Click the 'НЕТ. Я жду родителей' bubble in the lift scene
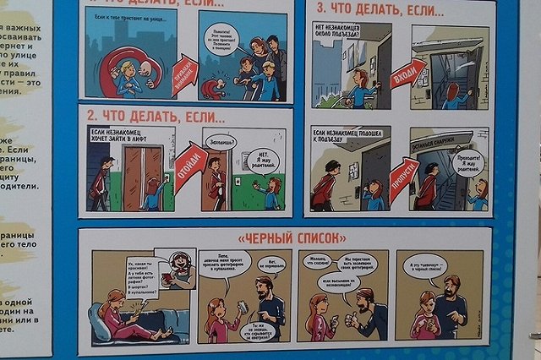[x=263, y=159]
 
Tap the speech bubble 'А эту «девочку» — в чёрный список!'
[x=426, y=265]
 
